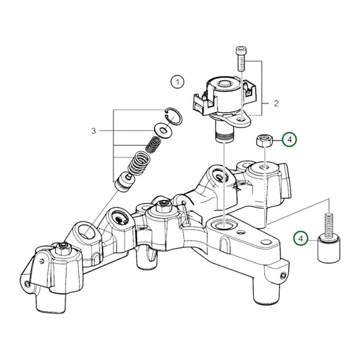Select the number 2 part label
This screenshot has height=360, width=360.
pos(276,103)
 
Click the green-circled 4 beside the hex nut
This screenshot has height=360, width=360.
pos(289,140)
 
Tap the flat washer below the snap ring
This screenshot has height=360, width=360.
pos(162,130)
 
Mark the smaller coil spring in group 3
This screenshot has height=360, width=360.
pos(154,145)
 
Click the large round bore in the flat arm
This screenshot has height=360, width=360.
pos(224,224)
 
